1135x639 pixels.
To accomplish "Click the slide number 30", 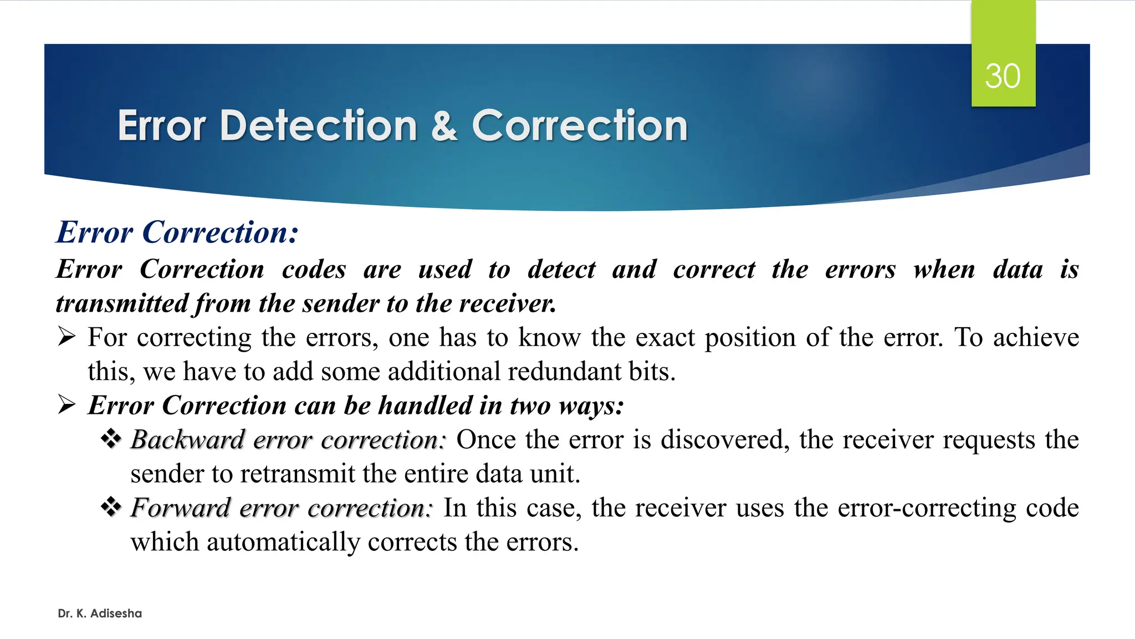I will (x=1003, y=76).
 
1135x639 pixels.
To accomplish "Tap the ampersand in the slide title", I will (x=444, y=125).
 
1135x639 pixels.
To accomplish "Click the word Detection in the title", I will (x=318, y=125).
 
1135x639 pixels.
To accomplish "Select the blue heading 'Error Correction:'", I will (x=177, y=232).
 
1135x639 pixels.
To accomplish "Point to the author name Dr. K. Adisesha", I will (x=100, y=613).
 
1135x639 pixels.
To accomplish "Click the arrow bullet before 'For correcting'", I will (x=67, y=337).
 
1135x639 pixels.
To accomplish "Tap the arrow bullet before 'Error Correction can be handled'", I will (x=67, y=405).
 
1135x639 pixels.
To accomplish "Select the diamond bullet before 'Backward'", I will (x=111, y=439).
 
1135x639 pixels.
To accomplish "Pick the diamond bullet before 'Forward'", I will (x=111, y=507).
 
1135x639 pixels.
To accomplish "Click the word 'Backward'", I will (x=187, y=440).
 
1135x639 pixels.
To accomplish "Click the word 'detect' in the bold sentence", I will (x=561, y=270).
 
